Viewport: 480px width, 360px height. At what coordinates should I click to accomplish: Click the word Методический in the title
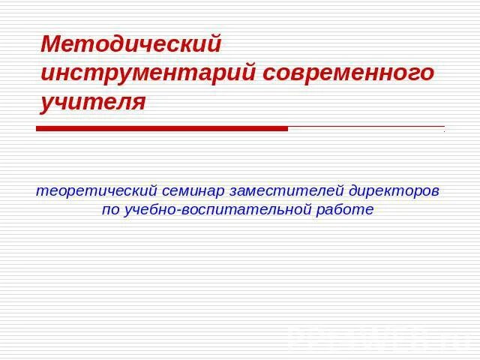131,44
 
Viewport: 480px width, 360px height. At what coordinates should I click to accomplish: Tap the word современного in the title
348,73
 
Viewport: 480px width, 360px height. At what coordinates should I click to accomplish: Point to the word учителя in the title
93,102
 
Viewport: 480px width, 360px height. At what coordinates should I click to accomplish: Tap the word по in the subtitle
110,210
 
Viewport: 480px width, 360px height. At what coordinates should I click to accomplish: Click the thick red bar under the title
162,129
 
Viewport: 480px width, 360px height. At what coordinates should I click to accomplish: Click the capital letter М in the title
51,44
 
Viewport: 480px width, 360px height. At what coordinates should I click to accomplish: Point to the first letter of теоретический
40,192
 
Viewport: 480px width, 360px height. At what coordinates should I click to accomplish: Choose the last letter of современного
427,73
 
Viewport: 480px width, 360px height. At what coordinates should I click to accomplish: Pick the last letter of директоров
435,192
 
